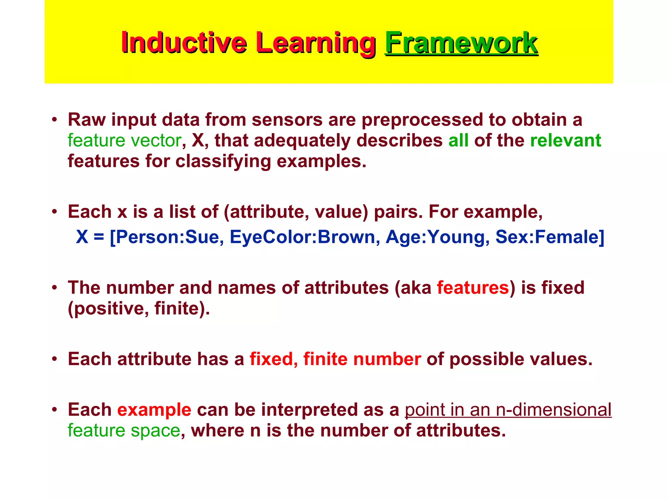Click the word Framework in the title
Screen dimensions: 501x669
(461, 43)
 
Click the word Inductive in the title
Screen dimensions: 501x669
(184, 43)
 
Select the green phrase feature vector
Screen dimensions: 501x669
(124, 141)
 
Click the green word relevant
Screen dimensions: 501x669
(565, 141)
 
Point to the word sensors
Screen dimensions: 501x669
(287, 120)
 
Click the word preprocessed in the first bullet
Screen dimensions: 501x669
(422, 120)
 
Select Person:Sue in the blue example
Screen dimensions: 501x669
(167, 237)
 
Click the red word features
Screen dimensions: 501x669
(473, 288)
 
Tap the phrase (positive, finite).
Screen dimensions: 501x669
(139, 309)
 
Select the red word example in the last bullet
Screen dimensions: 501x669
(154, 410)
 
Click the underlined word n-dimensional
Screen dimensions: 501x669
(553, 410)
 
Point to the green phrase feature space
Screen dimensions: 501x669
(124, 431)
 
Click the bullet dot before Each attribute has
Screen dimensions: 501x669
(55, 359)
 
